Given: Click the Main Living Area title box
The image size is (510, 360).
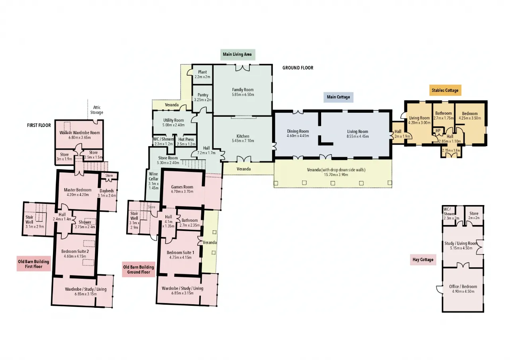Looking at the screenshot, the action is (x=238, y=55).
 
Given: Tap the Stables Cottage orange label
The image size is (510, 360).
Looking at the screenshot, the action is (x=445, y=90).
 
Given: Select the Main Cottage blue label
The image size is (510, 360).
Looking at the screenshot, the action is (x=338, y=97).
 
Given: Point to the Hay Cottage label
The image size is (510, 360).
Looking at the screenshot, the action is (x=423, y=260).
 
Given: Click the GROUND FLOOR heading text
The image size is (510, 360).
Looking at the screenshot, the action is (x=298, y=68).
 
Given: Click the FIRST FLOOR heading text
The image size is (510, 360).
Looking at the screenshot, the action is (x=39, y=125).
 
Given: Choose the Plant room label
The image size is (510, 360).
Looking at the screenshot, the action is (x=202, y=72).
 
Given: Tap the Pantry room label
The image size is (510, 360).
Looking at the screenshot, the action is (x=203, y=95).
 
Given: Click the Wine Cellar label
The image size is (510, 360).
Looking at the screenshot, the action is (x=153, y=176).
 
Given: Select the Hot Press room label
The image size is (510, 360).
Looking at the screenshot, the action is (x=186, y=139).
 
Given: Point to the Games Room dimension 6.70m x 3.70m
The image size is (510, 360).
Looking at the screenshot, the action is (x=182, y=192).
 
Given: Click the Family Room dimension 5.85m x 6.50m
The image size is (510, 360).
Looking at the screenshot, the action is (x=243, y=95).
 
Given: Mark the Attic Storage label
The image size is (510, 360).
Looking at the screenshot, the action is (x=97, y=110).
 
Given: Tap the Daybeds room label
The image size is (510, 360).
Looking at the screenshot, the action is (x=107, y=191).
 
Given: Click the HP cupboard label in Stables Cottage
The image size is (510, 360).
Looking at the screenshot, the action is (x=438, y=131).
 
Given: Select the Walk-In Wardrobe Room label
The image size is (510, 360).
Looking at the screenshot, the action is (x=80, y=133).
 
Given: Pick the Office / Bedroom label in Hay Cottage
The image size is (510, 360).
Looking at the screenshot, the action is (x=463, y=286).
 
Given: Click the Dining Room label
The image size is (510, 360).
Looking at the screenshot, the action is (x=298, y=131).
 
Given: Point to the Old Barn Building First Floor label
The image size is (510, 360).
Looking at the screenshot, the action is (x=34, y=264).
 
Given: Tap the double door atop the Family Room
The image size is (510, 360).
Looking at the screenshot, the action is (x=243, y=67).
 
